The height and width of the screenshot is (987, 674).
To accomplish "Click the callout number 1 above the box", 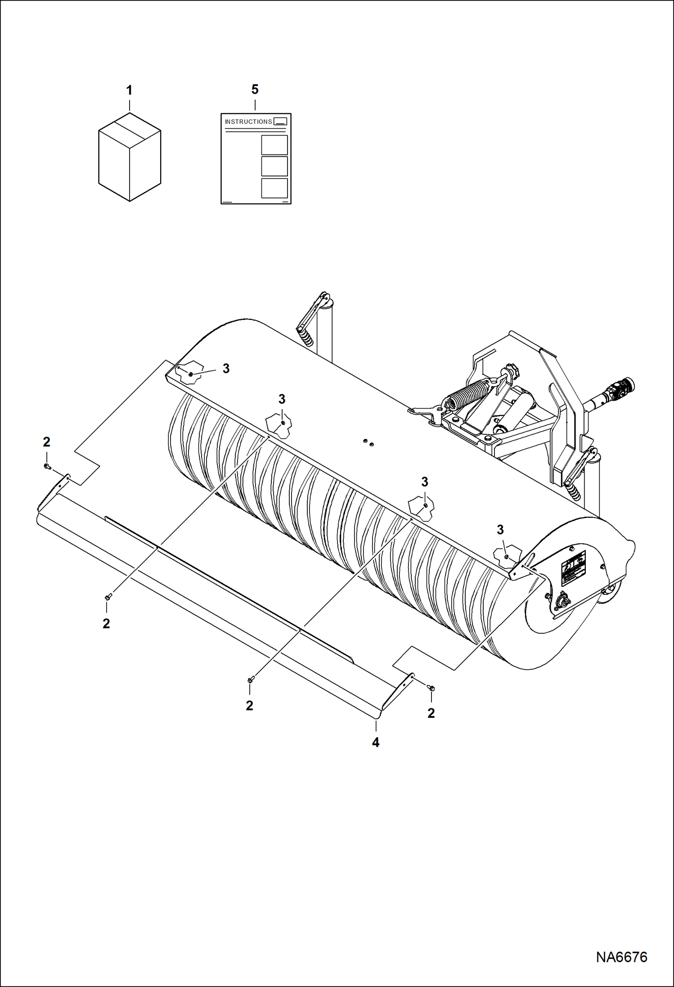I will pyautogui.click(x=129, y=90).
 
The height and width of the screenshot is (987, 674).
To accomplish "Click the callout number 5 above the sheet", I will pyautogui.click(x=255, y=90).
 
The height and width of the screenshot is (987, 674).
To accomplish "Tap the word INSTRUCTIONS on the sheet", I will pyautogui.click(x=248, y=122).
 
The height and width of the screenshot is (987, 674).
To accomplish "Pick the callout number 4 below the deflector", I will pyautogui.click(x=376, y=743).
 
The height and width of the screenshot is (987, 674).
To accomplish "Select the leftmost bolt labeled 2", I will pyautogui.click(x=46, y=466).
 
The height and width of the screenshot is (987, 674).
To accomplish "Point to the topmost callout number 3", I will pyautogui.click(x=226, y=369).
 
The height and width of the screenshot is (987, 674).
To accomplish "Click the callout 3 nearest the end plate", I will pyautogui.click(x=500, y=530).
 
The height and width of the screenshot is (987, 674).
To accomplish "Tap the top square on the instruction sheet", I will pyautogui.click(x=274, y=145).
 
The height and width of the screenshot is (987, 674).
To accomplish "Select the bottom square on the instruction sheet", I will pyautogui.click(x=274, y=188).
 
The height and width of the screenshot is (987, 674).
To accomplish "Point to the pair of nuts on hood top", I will pyautogui.click(x=368, y=443).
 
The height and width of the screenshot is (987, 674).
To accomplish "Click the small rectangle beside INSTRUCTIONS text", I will pyautogui.click(x=280, y=121).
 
